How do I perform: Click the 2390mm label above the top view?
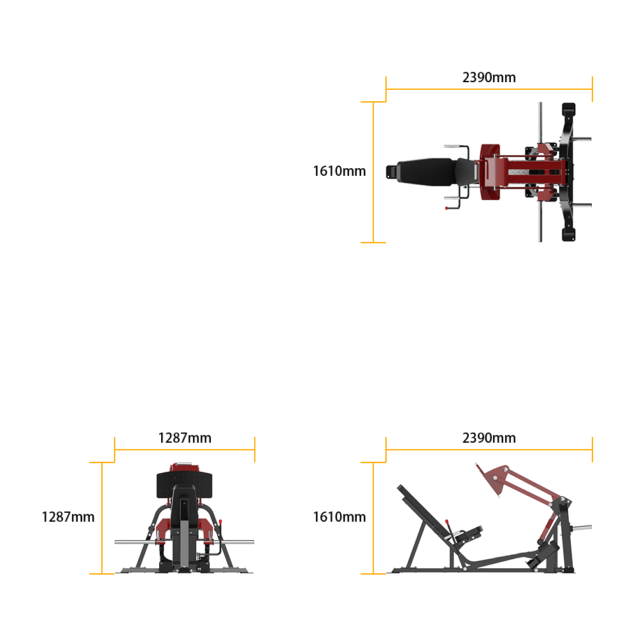click(x=489, y=77)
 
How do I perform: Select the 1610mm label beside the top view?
click(x=340, y=171)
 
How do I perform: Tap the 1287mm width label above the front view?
click(x=185, y=438)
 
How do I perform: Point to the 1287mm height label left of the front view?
click(x=68, y=517)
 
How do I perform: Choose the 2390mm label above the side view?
click(x=489, y=438)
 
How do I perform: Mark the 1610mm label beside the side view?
click(x=340, y=517)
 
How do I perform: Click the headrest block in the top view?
click(x=391, y=172)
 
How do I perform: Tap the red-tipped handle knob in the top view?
click(x=447, y=208)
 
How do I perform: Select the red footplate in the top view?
click(x=490, y=172)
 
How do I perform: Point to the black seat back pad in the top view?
click(x=427, y=172)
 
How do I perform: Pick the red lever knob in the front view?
click(x=220, y=522)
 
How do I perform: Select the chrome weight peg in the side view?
click(x=582, y=527)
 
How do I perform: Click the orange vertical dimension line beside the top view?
click(x=373, y=172)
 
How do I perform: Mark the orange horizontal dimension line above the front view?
click(x=185, y=450)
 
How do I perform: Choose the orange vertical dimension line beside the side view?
click(x=373, y=518)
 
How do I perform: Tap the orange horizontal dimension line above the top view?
click(x=489, y=89)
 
